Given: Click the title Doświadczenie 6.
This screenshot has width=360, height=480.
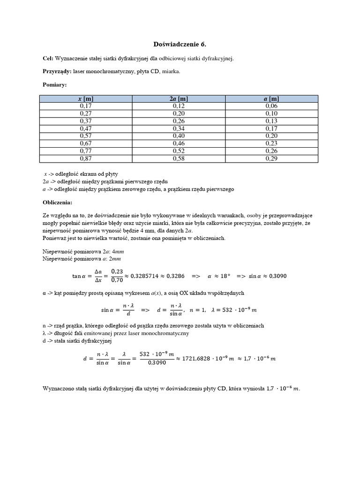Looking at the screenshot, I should coord(180,44).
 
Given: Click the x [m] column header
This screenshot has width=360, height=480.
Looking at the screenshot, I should coord(86,98).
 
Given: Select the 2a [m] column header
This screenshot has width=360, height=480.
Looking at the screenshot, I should coord(179,98).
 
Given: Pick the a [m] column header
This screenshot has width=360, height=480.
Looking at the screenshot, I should coord(271,98).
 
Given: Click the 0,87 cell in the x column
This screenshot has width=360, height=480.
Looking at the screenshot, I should coord(86,159).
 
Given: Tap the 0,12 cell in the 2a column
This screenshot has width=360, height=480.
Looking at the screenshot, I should coord(179,106).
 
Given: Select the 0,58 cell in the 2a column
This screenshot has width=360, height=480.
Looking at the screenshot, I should coord(179,159).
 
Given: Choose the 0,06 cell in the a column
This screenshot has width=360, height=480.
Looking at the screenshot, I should coord(271,106).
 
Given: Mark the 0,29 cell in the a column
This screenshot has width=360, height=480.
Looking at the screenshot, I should coord(271,159).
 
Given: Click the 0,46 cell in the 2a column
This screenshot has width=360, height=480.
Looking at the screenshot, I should coord(179,144).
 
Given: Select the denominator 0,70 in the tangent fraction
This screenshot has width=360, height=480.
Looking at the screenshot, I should coord(116,281).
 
